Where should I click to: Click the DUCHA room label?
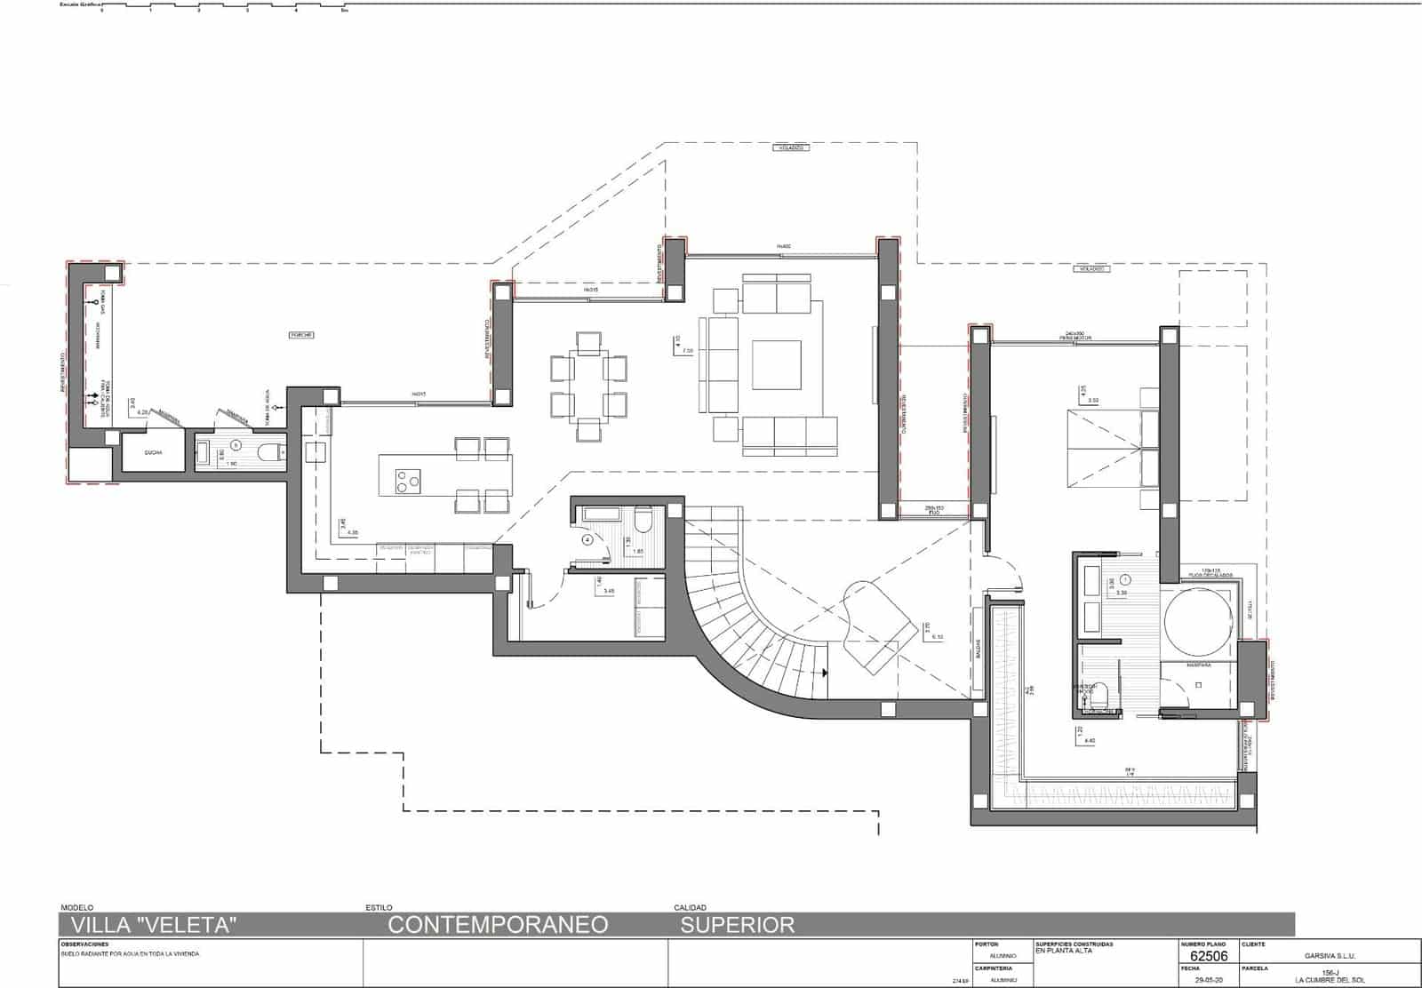tap(152, 453)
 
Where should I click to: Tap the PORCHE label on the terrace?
tap(302, 335)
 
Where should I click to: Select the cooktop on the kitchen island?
tap(408, 482)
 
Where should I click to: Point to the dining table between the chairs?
tap(588, 386)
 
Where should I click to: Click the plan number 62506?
tap(1209, 956)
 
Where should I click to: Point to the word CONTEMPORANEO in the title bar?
tap(498, 925)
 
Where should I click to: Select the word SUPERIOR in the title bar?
tap(738, 925)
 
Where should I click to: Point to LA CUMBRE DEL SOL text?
tap(1329, 980)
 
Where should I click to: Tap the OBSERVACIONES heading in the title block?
tap(84, 944)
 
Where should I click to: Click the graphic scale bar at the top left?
tap(222, 7)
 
